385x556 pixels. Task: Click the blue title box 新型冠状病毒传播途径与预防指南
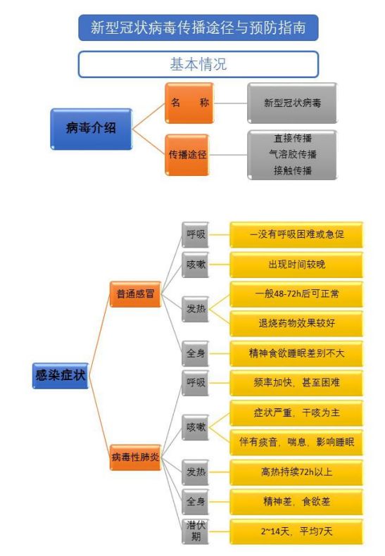[x=198, y=27]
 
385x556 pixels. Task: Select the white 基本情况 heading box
[x=198, y=64]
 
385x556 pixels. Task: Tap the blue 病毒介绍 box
[x=91, y=129]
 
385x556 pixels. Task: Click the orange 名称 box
[x=189, y=103]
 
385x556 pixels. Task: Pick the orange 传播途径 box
[x=187, y=155]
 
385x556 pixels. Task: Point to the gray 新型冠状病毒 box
[x=292, y=103]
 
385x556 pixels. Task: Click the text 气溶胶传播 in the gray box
[x=293, y=154]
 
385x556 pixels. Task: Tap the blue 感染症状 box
[x=61, y=376]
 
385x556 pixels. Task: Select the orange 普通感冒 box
[x=135, y=294]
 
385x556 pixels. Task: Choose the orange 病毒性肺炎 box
[x=135, y=457]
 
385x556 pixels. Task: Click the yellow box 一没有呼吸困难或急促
[x=296, y=235]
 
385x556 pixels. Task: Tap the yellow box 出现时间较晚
[x=296, y=265]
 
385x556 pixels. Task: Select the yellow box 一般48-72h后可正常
[x=296, y=294]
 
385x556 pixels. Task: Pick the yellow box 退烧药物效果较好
[x=296, y=323]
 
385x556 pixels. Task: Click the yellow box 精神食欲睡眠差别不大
[x=296, y=353]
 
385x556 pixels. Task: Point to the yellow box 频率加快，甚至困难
[x=296, y=383]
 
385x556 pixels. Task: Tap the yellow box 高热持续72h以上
[x=296, y=472]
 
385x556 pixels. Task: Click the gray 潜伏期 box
[x=195, y=531]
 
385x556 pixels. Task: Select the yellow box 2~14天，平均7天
[x=296, y=531]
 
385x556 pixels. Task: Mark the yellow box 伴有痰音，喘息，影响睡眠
[x=296, y=443]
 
